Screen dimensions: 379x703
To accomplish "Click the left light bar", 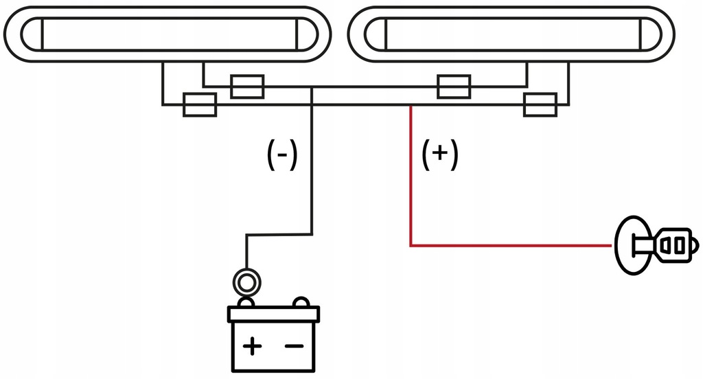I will [x=168, y=34].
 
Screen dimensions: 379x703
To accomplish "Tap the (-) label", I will [x=281, y=156].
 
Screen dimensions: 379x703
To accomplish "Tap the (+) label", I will [x=440, y=156].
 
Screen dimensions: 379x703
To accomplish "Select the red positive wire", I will [x=411, y=179].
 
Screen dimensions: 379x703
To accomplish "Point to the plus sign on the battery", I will [x=252, y=346].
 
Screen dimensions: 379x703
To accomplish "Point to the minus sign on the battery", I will [x=294, y=346].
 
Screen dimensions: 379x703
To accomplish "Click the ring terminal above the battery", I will [x=246, y=280].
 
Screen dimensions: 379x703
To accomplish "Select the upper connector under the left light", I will [x=247, y=87].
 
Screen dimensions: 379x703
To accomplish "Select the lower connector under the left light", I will [x=200, y=105].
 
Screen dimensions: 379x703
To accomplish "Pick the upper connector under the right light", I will [x=454, y=87].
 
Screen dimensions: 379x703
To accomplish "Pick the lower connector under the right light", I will [x=540, y=105].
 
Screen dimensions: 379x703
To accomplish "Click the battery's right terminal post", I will [x=300, y=303].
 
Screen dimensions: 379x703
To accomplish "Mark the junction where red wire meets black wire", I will [x=411, y=105].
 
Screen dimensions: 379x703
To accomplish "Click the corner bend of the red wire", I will [x=411, y=244].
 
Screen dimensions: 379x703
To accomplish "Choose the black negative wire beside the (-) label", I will [x=312, y=165].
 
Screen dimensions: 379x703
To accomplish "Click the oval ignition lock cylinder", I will [x=631, y=245].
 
